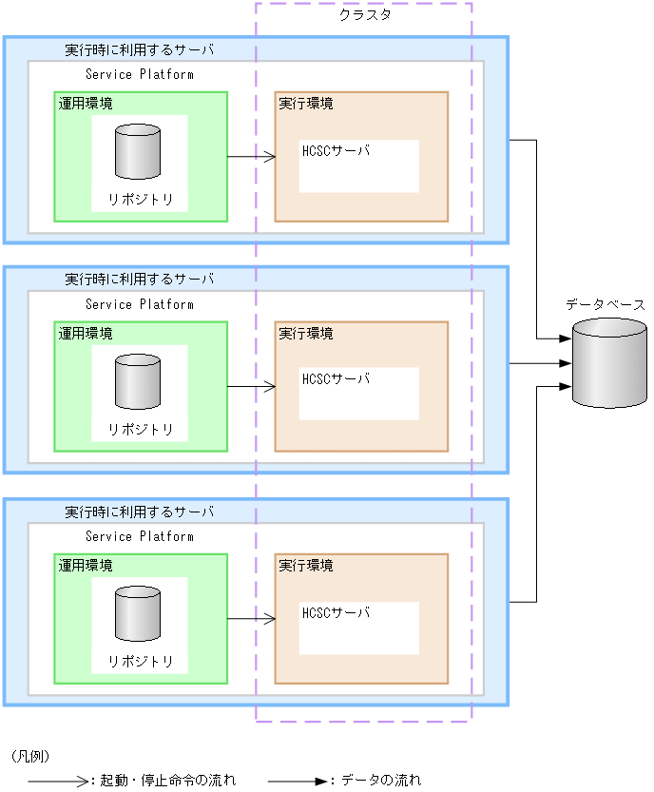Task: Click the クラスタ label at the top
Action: tap(365, 15)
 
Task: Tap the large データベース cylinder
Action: tap(609, 363)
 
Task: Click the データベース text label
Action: tap(605, 305)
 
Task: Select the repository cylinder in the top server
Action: tap(138, 152)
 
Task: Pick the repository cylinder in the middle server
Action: tap(138, 382)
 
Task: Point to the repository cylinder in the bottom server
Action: tap(138, 614)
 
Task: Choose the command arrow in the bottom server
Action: tap(251, 619)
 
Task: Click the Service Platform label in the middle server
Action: tap(139, 305)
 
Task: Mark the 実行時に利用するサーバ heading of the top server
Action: tap(139, 49)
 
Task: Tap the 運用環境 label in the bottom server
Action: tap(86, 566)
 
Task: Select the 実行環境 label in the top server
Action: tap(306, 104)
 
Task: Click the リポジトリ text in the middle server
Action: tap(140, 430)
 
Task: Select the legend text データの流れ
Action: tap(380, 781)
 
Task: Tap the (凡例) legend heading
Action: tap(29, 757)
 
